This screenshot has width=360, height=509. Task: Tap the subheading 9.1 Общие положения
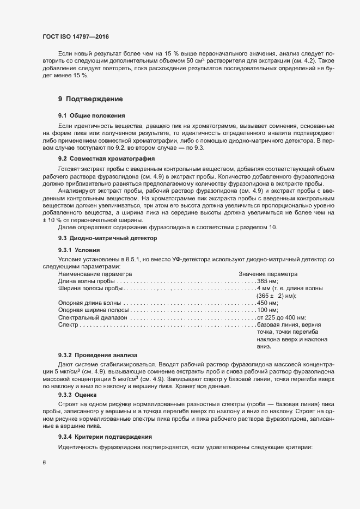pyautogui.click(x=91, y=116)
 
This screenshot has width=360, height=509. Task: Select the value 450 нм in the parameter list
pyautogui.click(x=267, y=303)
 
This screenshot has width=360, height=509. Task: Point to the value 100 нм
pyautogui.click(x=267, y=310)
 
